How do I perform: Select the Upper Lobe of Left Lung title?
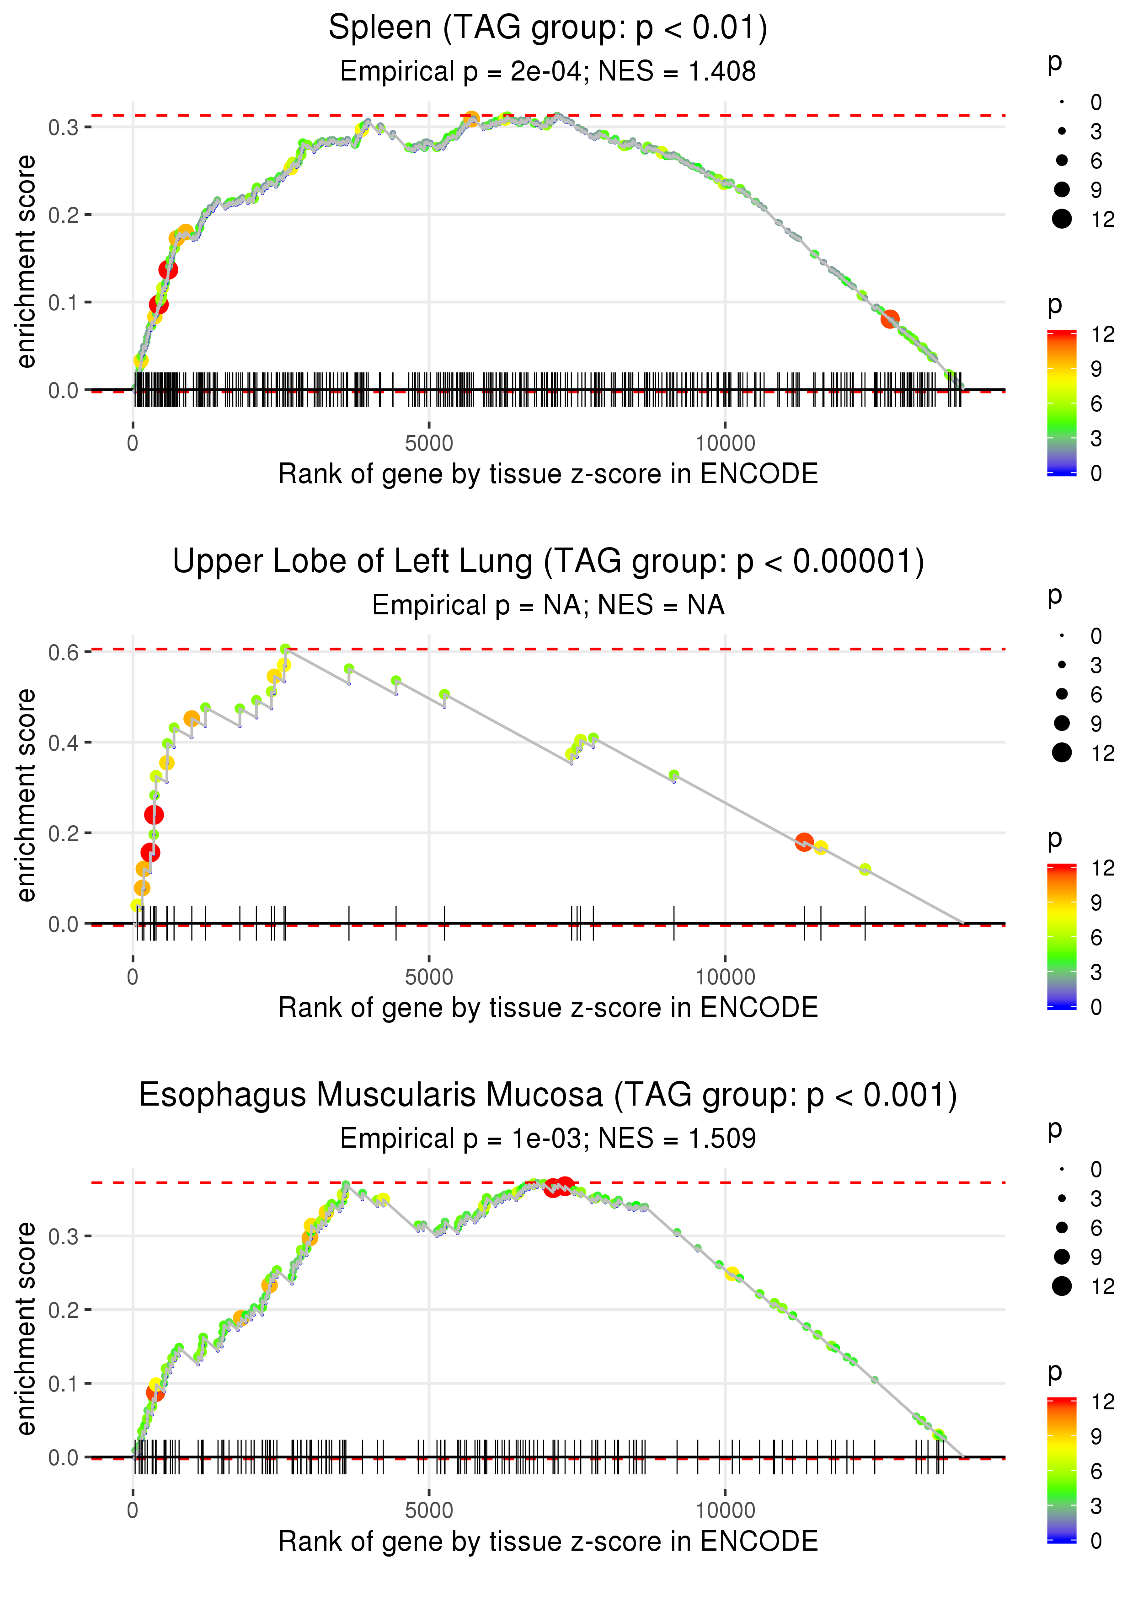click(x=548, y=562)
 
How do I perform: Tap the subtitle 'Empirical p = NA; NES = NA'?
click(x=548, y=606)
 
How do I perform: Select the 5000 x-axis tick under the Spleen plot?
click(x=429, y=444)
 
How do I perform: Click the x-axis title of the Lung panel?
click(x=548, y=1008)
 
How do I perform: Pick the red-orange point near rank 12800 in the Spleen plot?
click(x=890, y=319)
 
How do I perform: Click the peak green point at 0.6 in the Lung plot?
click(x=285, y=649)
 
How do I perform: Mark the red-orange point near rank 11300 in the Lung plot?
click(x=804, y=842)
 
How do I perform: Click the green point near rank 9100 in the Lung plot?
click(x=673, y=775)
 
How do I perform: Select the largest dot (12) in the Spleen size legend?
click(x=1061, y=219)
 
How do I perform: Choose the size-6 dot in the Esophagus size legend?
click(x=1061, y=1228)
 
